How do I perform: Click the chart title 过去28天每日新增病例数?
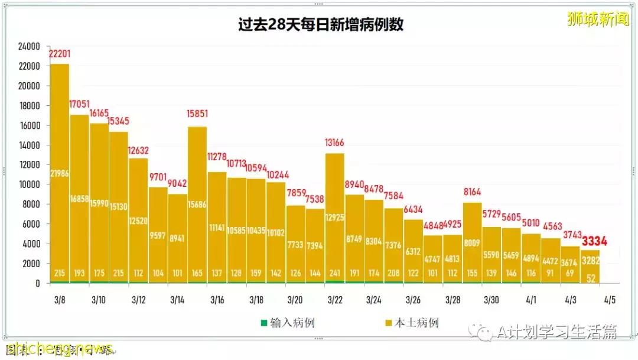pyautogui.click(x=321, y=25)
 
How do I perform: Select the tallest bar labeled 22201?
pyautogui.click(x=60, y=171)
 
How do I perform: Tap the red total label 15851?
pyautogui.click(x=197, y=114)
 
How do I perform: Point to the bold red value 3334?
pyautogui.click(x=594, y=241)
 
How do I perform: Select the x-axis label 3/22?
pyautogui.click(x=334, y=300)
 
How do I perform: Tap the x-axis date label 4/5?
pyautogui.click(x=610, y=300)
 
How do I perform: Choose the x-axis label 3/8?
pyautogui.click(x=59, y=300)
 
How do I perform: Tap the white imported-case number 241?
pyautogui.click(x=335, y=274)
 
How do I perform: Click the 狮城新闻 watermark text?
pyautogui.click(x=598, y=19)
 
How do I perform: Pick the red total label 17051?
pyautogui.click(x=79, y=105)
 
